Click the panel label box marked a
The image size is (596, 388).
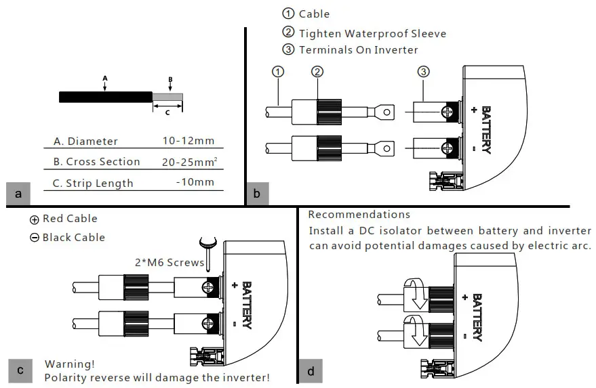(x=18, y=194)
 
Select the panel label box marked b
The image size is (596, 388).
(x=257, y=194)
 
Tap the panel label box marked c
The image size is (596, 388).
(x=20, y=370)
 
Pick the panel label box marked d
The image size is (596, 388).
(x=311, y=371)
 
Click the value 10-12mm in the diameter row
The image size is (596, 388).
(x=188, y=141)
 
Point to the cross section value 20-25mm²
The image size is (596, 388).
(x=189, y=161)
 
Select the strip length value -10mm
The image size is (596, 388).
(x=195, y=182)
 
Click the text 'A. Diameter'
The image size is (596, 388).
(x=85, y=142)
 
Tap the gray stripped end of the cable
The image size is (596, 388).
(x=167, y=98)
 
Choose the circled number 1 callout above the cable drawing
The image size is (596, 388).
(x=277, y=72)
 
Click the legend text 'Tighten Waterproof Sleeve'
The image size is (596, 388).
(x=372, y=33)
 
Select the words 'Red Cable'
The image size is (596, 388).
(x=70, y=219)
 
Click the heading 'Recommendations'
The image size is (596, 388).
(x=359, y=215)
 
